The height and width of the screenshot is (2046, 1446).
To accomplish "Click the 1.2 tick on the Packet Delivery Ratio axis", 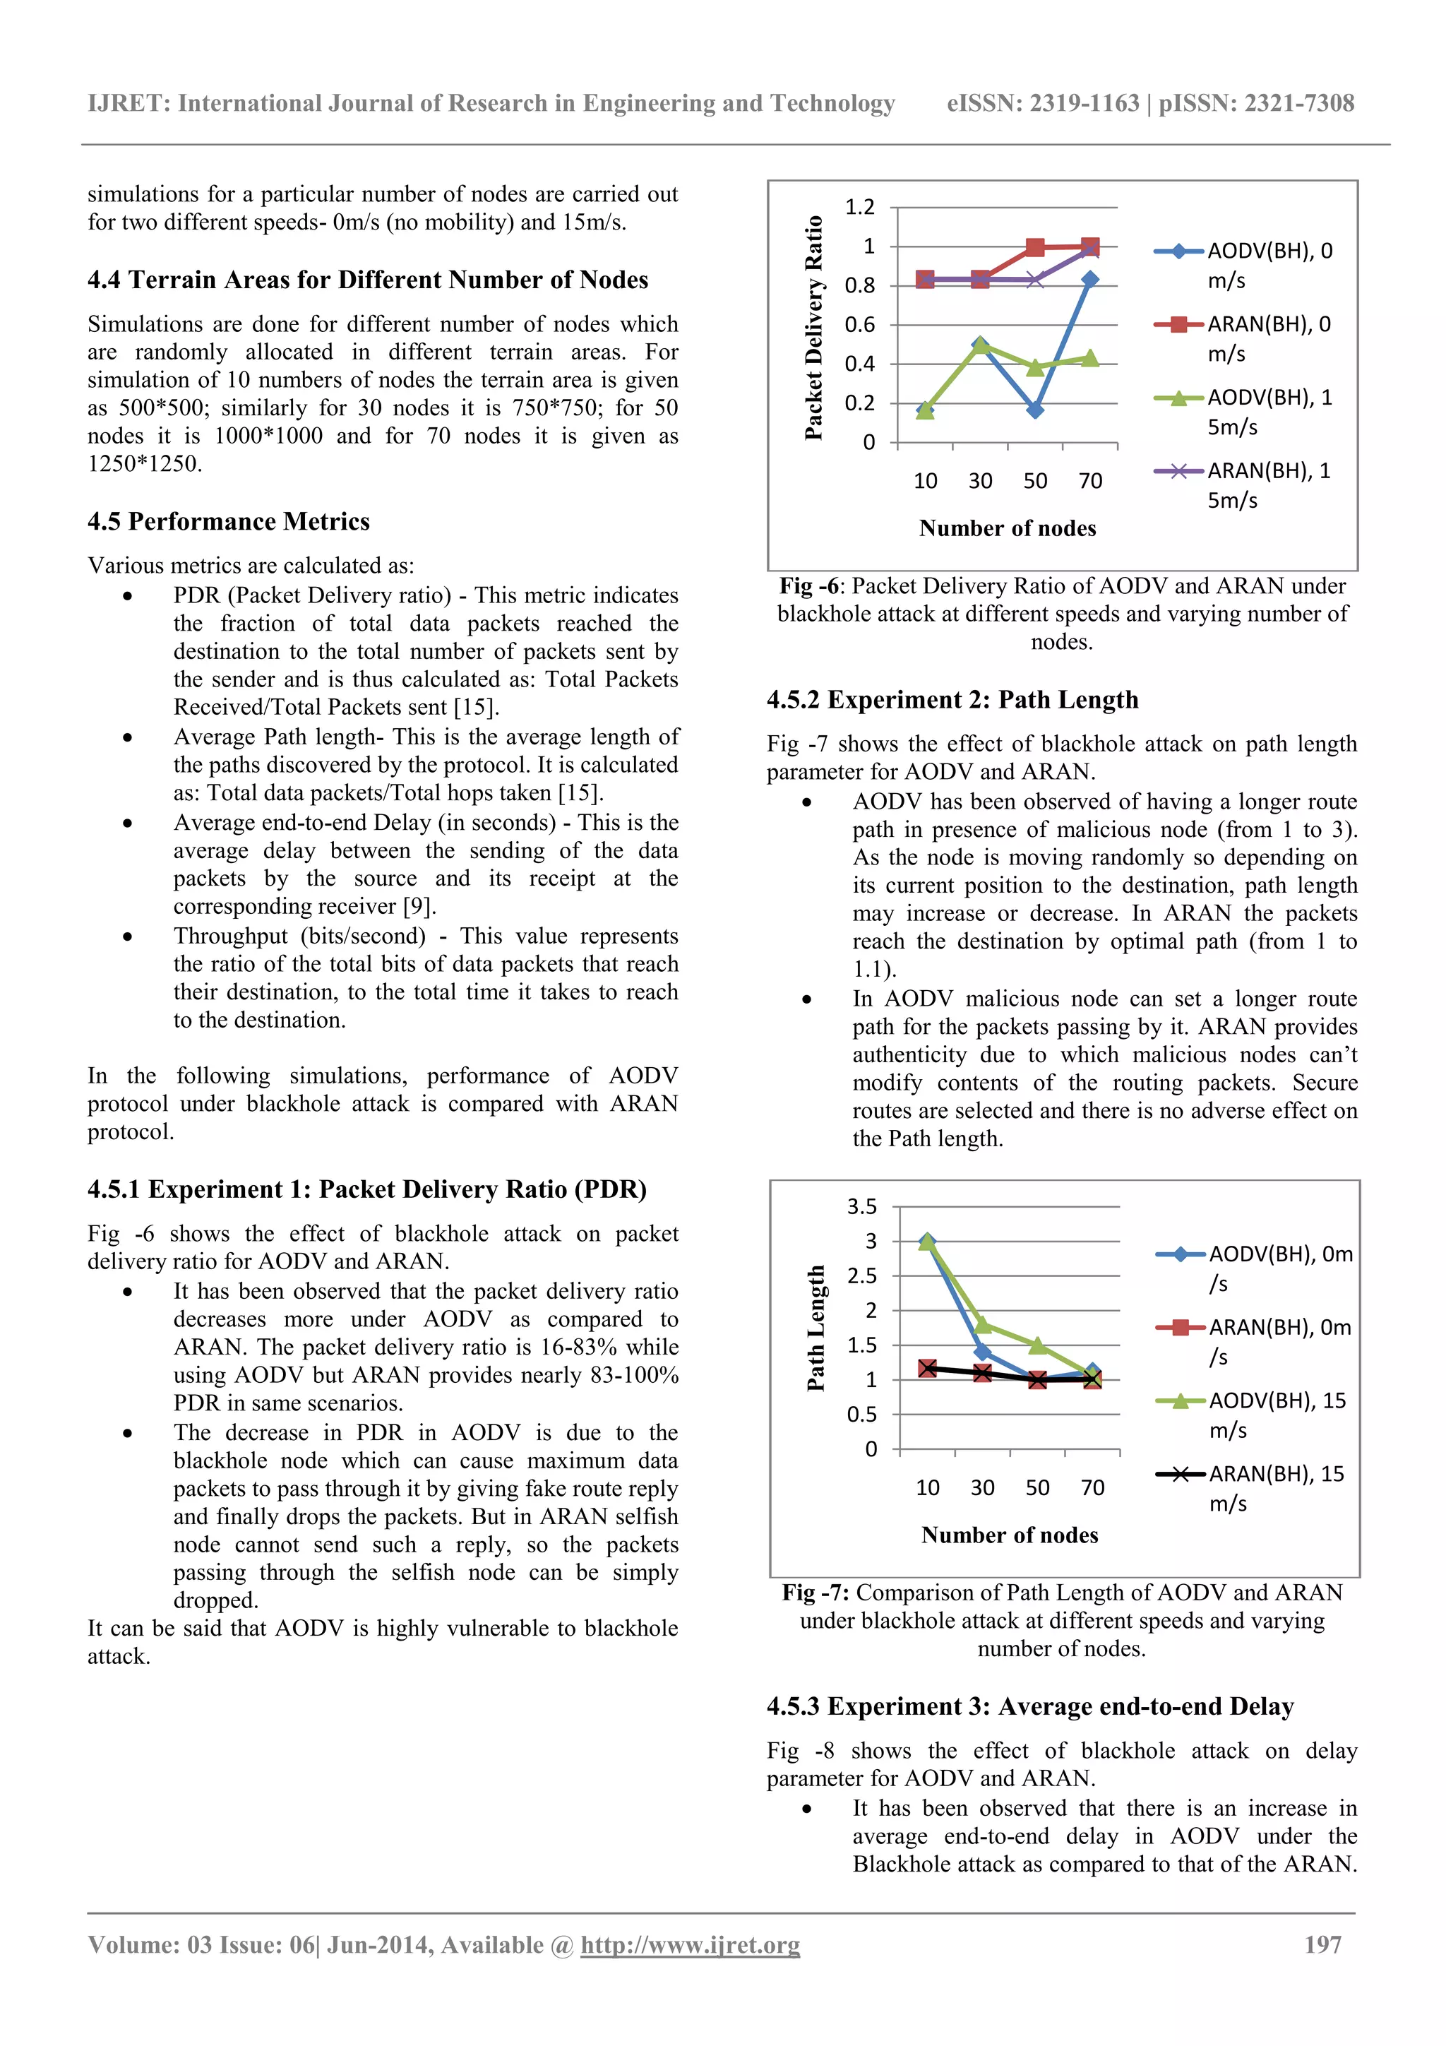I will coord(860,207).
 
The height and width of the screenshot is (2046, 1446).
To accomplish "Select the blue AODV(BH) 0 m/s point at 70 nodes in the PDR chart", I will coord(1089,280).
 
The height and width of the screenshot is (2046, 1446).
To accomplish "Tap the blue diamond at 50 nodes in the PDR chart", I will coord(1034,410).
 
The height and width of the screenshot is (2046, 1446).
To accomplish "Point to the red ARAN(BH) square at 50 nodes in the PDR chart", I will coord(1034,248).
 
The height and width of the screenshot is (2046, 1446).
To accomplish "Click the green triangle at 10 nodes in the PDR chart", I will coord(925,410).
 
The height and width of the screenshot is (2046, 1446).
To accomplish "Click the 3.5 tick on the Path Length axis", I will coord(861,1206).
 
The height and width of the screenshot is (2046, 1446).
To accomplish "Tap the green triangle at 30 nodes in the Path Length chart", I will coord(983,1324).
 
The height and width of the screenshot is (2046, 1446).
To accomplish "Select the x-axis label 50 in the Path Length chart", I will coord(1037,1487).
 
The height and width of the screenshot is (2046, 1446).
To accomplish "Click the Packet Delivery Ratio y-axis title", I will coord(813,328).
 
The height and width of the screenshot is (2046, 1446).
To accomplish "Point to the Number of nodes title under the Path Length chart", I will coord(1010,1535).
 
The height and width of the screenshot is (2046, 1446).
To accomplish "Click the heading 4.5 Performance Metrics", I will coord(228,521).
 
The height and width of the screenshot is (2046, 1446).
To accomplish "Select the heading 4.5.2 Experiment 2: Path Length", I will coord(952,699).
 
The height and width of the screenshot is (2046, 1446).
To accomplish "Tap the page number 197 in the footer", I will coord(1322,1944).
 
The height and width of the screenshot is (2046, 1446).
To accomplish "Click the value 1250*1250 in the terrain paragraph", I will coord(143,463).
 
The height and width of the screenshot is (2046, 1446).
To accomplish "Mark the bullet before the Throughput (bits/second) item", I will coord(129,936).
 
